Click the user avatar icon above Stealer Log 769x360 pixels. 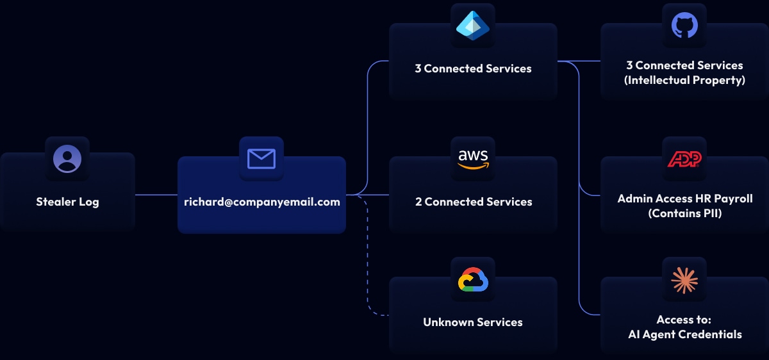(x=67, y=158)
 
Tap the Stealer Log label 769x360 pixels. (x=67, y=202)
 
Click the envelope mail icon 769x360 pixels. (x=261, y=158)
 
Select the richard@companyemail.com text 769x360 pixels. (x=261, y=202)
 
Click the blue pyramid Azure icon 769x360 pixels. (x=473, y=25)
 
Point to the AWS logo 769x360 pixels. (x=473, y=158)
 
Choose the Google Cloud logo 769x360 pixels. (x=473, y=279)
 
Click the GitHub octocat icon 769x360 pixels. (x=684, y=25)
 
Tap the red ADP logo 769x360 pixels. (x=684, y=158)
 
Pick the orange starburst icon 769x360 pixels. (x=684, y=279)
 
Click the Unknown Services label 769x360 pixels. (x=473, y=322)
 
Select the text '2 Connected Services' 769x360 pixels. (x=473, y=202)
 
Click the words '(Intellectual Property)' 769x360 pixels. (x=684, y=80)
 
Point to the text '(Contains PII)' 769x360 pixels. (x=684, y=213)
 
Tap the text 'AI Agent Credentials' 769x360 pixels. (x=684, y=334)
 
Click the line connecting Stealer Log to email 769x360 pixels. (x=156, y=195)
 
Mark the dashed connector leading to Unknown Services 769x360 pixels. (x=368, y=269)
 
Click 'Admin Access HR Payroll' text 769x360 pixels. (x=684, y=199)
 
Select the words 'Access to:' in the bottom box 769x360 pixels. (x=684, y=320)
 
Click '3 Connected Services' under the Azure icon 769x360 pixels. (x=473, y=69)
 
